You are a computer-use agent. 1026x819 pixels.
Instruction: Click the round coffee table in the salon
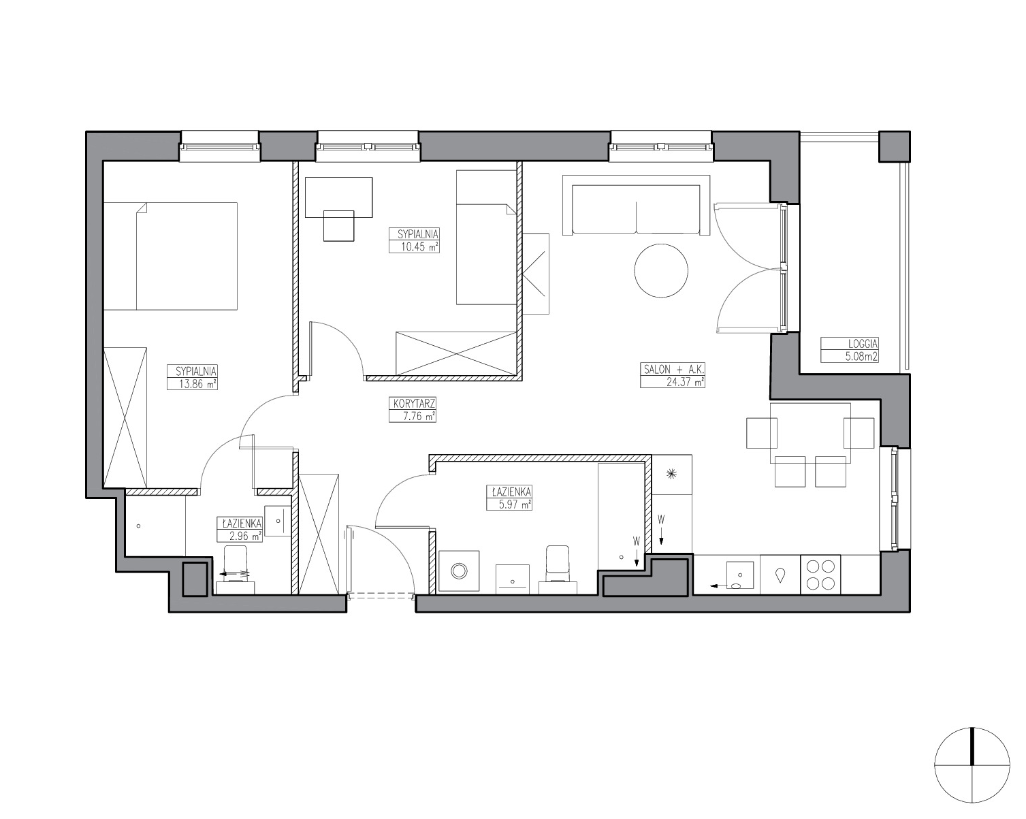click(x=661, y=270)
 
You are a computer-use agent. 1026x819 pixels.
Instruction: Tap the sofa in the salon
click(x=636, y=205)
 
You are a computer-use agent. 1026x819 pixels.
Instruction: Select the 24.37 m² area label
click(x=685, y=382)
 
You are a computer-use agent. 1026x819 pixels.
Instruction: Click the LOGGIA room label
click(x=863, y=344)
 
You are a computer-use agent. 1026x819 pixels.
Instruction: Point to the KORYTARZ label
click(x=415, y=403)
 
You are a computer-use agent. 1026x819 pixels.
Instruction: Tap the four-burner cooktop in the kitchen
click(x=820, y=574)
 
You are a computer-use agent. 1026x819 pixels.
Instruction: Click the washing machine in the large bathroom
click(x=459, y=571)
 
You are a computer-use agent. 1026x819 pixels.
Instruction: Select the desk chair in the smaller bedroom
click(x=339, y=225)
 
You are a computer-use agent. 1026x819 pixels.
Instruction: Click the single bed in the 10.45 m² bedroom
click(x=487, y=238)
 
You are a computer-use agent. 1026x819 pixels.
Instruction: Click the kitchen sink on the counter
click(x=740, y=576)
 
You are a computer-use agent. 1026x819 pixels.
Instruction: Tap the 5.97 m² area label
click(x=509, y=505)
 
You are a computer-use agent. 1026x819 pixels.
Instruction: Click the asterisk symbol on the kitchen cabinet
click(x=672, y=473)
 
